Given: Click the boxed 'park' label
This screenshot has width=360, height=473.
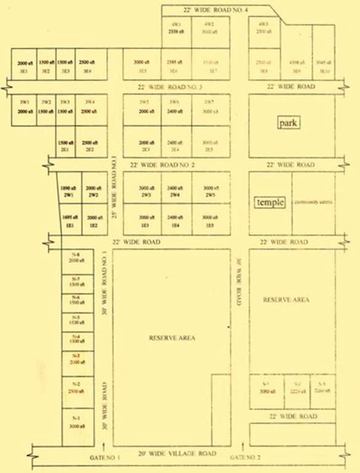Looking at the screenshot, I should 288,123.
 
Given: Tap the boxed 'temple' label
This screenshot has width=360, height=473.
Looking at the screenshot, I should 271,202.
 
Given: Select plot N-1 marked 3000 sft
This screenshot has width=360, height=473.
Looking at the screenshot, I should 77,423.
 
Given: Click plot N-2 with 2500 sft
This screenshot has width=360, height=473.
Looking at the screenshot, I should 76,388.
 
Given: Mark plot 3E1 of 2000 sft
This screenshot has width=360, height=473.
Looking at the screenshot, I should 25,67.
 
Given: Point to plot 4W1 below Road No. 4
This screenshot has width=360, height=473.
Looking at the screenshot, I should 176,28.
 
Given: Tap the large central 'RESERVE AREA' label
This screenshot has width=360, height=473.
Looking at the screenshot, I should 172,338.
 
